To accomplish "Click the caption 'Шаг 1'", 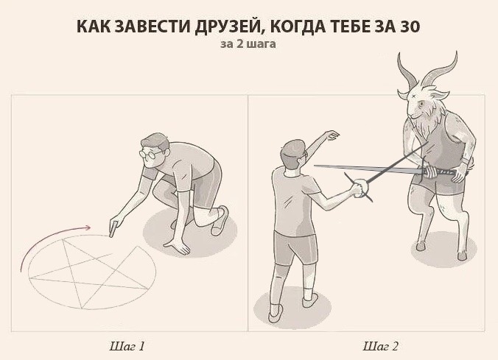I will [x=127, y=345].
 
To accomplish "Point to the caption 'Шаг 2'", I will [x=380, y=345].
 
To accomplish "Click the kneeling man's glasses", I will [x=150, y=155].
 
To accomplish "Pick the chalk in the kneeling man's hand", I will [x=112, y=231].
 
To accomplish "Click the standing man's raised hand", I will [x=331, y=135].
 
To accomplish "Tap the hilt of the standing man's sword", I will [x=361, y=189].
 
